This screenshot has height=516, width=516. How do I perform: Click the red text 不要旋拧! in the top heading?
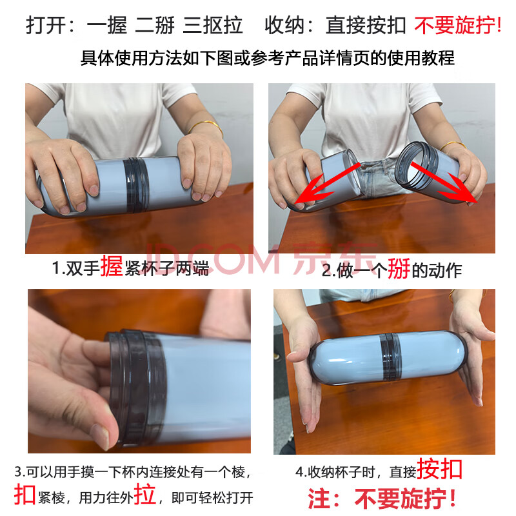click(458, 25)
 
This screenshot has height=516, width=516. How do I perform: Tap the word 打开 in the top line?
click(46, 25)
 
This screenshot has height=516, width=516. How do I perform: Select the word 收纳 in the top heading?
click(284, 25)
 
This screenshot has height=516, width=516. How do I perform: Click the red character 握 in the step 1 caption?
click(112, 266)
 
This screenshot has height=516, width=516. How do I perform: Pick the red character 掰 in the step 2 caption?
click(399, 269)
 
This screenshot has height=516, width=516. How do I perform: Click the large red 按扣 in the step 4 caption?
click(440, 470)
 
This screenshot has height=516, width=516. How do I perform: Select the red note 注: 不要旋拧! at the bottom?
click(382, 499)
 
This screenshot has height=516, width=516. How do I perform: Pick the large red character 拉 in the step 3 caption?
click(144, 493)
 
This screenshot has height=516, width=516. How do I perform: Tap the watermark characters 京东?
click(335, 259)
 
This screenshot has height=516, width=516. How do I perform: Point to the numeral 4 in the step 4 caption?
click(299, 472)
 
